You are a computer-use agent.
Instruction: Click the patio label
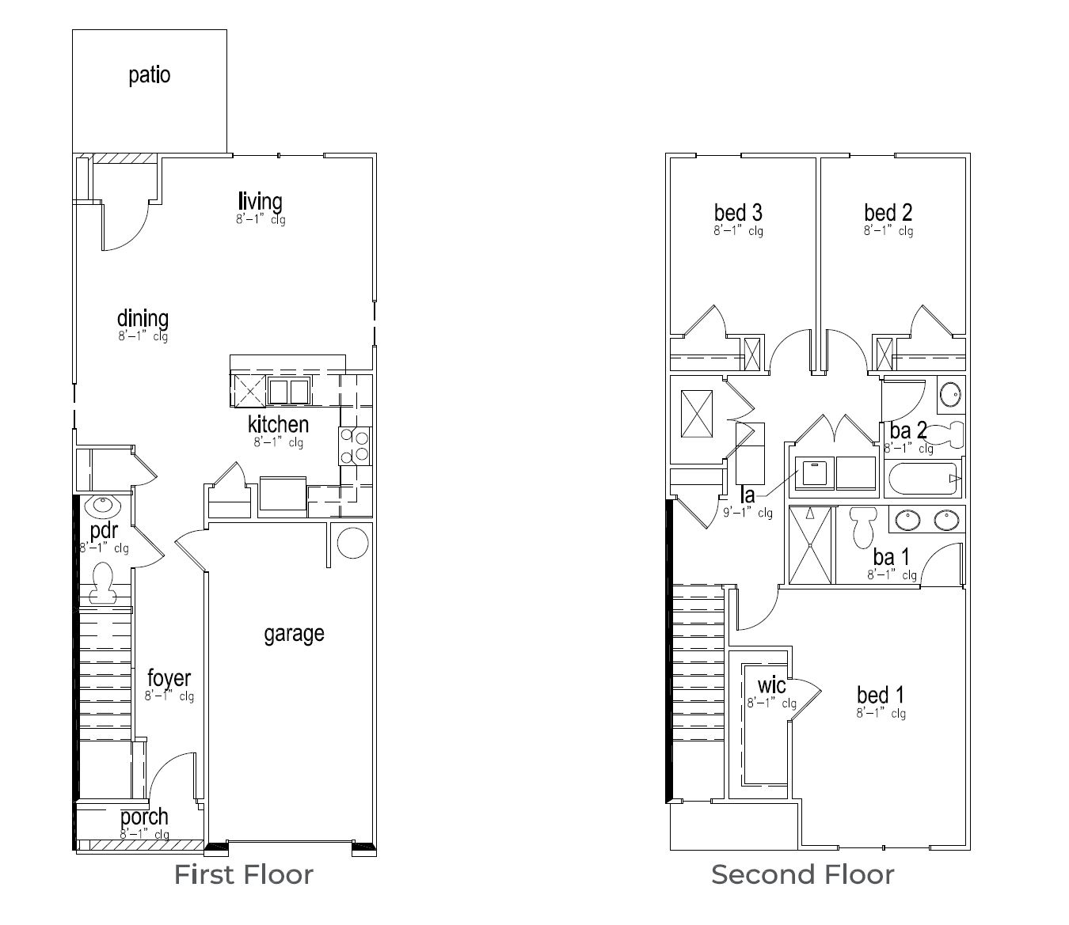(149, 75)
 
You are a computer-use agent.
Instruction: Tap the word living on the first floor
(260, 202)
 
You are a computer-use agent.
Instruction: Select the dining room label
(143, 319)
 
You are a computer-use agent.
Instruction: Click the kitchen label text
(278, 424)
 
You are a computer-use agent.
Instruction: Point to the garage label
(294, 634)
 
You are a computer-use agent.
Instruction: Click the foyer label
(169, 678)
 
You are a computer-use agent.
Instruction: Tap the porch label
(144, 817)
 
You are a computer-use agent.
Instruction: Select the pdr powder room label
(103, 531)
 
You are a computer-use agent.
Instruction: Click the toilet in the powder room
(101, 584)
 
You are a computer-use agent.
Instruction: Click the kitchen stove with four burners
(355, 445)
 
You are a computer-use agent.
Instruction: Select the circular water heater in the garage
(352, 543)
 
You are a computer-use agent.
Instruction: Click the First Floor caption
(243, 875)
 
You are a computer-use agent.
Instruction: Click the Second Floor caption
(802, 875)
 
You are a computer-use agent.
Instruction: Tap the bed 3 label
(738, 212)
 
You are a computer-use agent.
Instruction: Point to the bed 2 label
(888, 212)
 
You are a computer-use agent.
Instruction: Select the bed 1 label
(881, 696)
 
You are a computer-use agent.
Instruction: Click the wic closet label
(771, 684)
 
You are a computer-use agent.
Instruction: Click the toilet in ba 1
(861, 525)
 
